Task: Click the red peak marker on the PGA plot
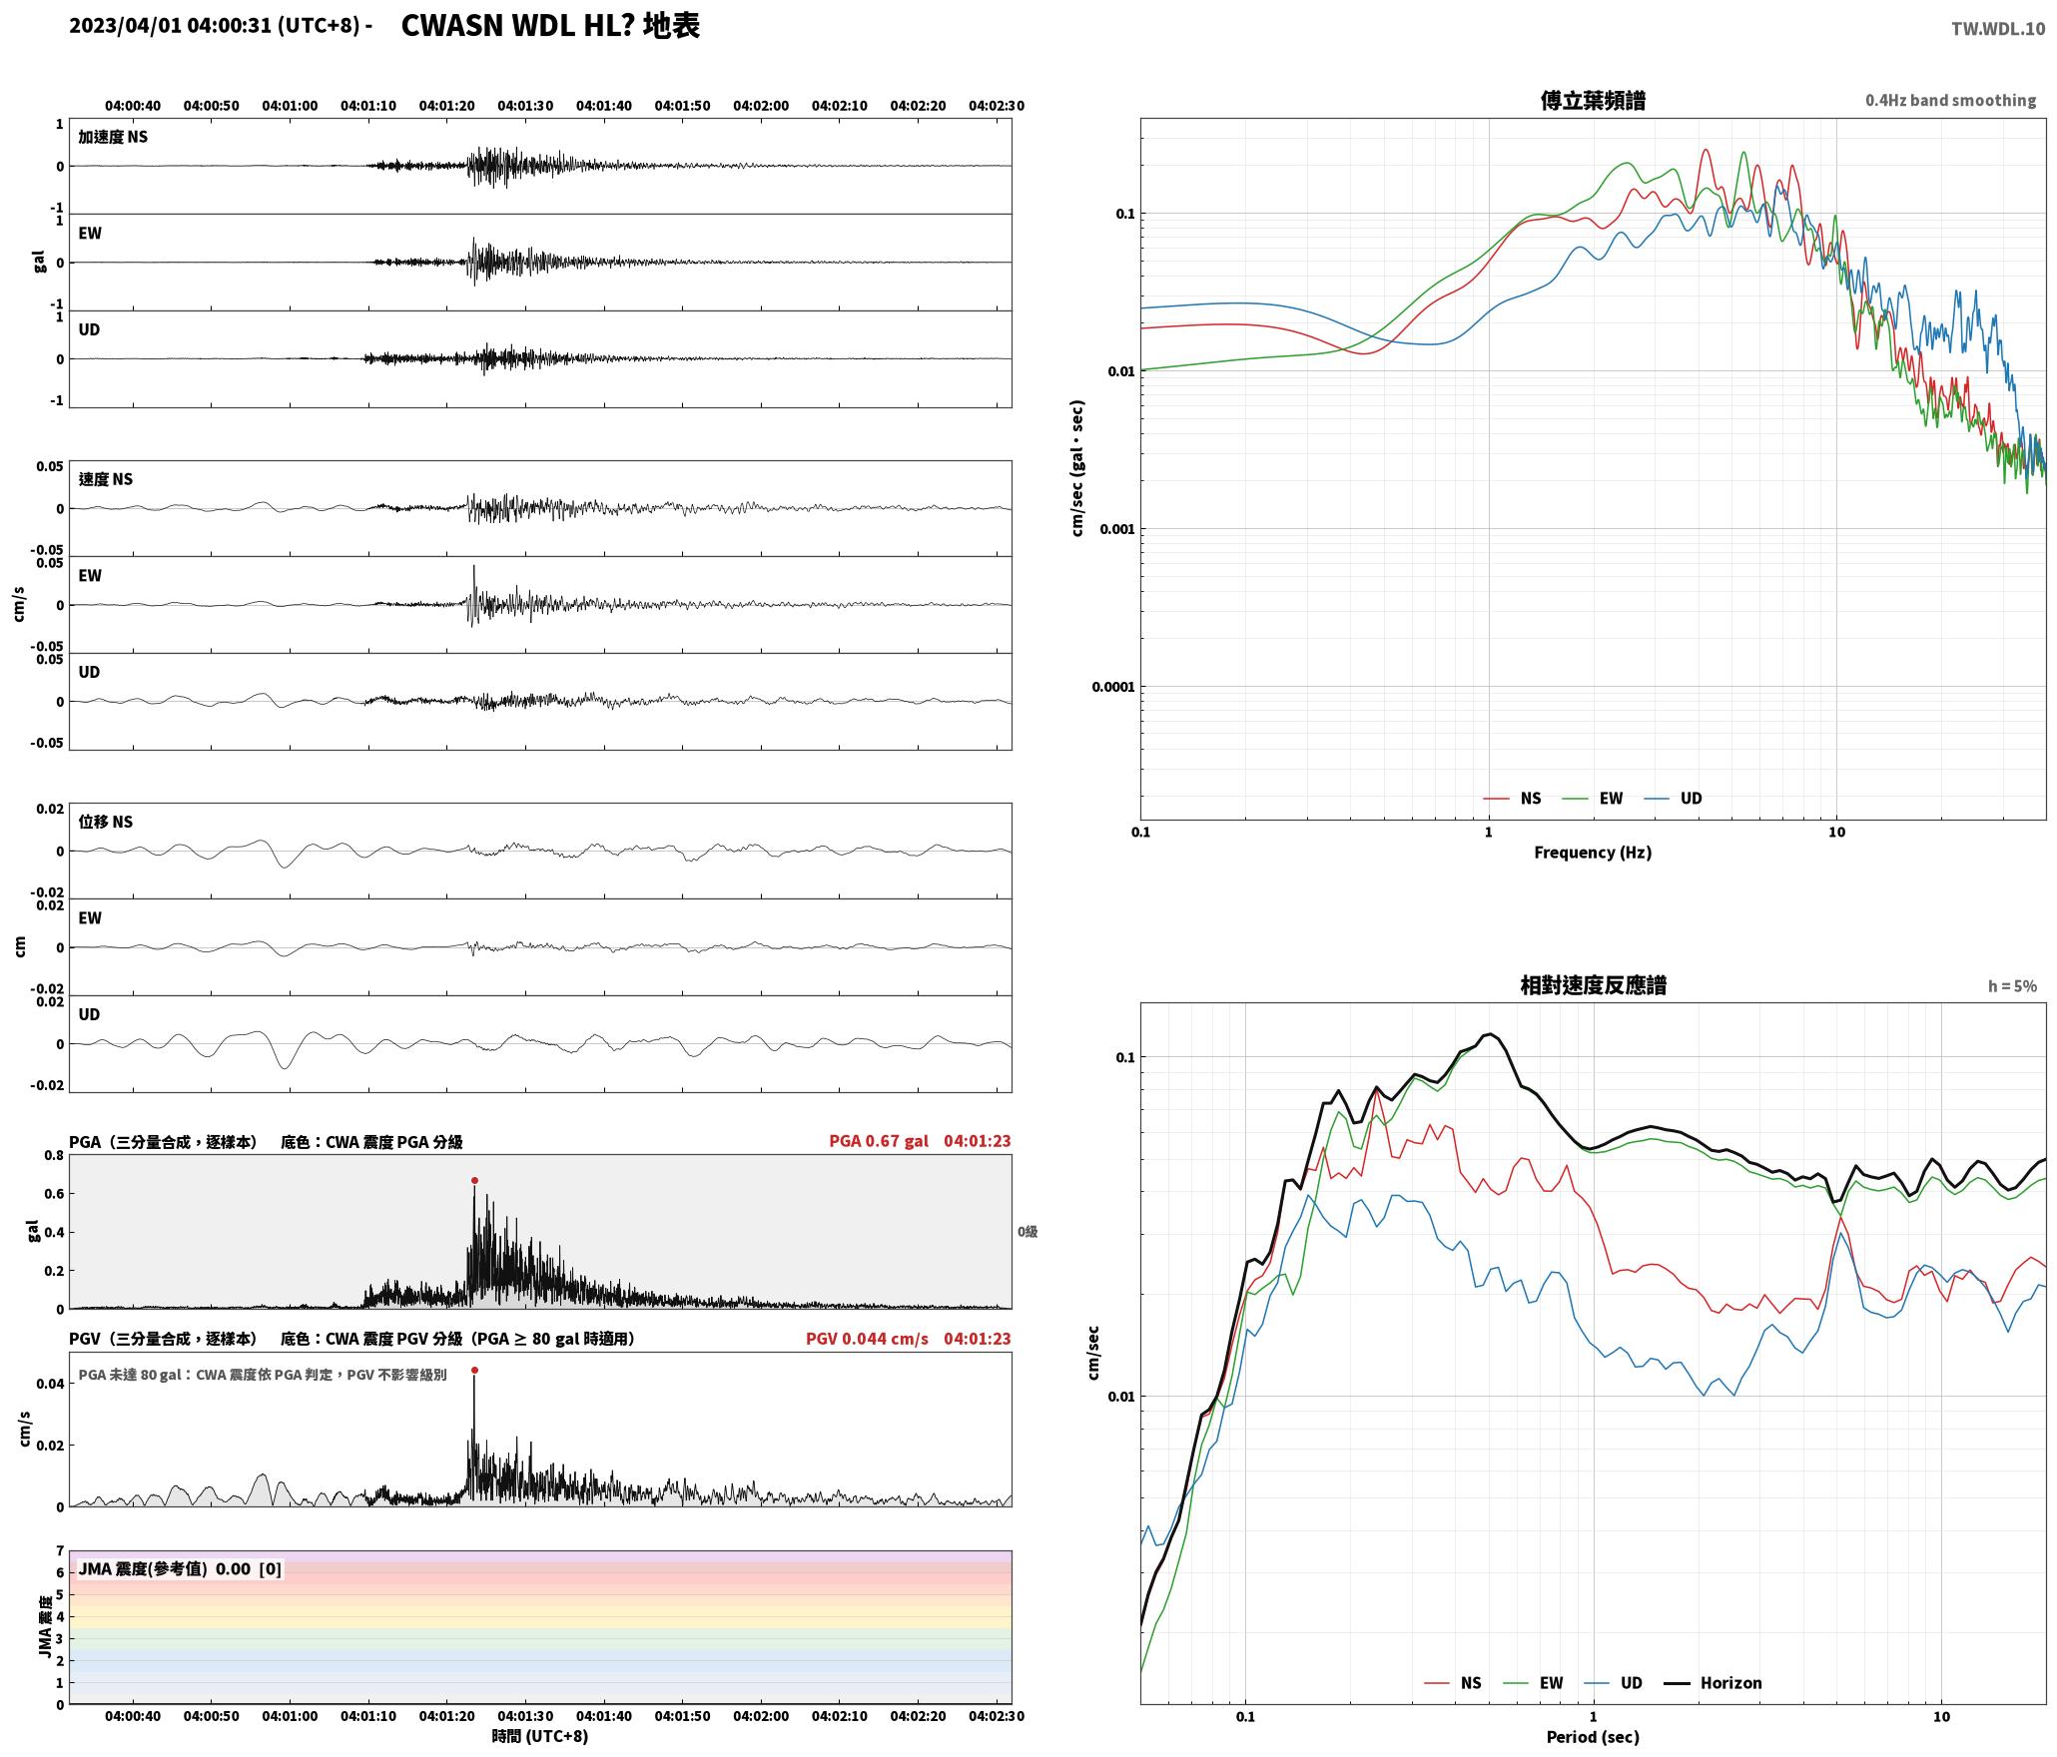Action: (x=474, y=1180)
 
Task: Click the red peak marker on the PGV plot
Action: (x=474, y=1370)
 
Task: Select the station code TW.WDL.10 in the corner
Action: (x=1998, y=29)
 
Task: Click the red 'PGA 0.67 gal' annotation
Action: (x=879, y=1141)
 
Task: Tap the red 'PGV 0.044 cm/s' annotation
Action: (x=867, y=1339)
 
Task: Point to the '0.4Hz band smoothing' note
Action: (x=1950, y=100)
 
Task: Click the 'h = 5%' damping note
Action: (x=2012, y=986)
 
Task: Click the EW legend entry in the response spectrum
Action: (x=1534, y=1683)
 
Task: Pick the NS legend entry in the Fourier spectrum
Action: (x=1513, y=799)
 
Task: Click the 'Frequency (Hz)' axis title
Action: (x=1593, y=853)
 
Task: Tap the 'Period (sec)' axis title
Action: (x=1593, y=1737)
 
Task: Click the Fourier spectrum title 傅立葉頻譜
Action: (x=1593, y=100)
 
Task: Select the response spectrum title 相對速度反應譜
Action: (x=1593, y=985)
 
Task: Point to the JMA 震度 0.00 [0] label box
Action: (x=180, y=1568)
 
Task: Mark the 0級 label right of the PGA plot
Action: (x=1028, y=1232)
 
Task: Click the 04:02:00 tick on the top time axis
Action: (x=761, y=106)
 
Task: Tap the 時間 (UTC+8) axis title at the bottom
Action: (x=540, y=1736)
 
